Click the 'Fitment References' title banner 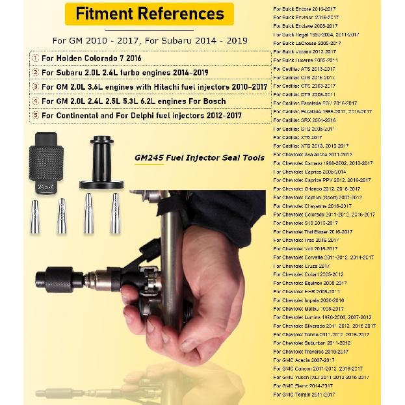pyautogui.click(x=150, y=13)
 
